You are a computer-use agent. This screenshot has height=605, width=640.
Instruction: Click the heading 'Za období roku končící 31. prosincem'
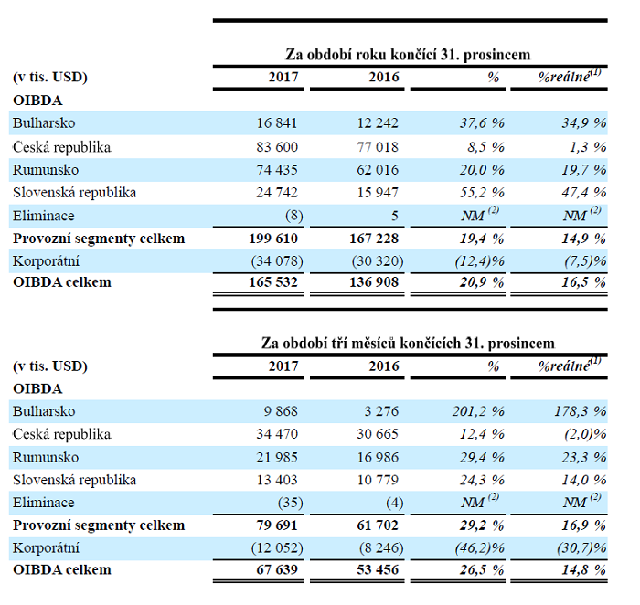409,55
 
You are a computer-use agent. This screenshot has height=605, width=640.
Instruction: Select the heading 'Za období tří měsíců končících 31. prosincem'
408,343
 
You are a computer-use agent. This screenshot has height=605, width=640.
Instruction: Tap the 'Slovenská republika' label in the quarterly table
75,480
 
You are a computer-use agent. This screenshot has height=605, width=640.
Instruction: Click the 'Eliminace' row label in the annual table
43,215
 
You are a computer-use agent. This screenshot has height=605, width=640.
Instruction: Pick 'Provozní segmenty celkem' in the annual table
99,238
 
